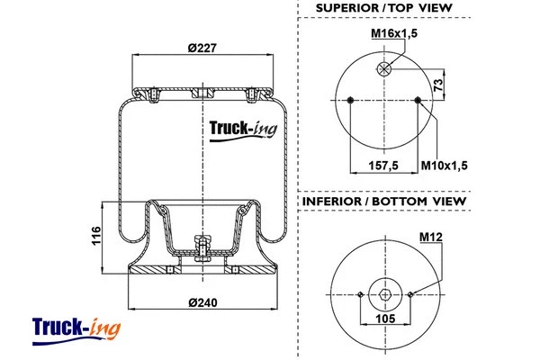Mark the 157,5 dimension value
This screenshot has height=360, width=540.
pyautogui.click(x=384, y=164)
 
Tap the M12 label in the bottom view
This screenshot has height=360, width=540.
pyautogui.click(x=431, y=237)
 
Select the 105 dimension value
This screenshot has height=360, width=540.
pyautogui.click(x=385, y=317)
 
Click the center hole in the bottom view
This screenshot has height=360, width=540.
pyautogui.click(x=385, y=293)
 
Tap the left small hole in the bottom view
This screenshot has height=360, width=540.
pyautogui.click(x=361, y=293)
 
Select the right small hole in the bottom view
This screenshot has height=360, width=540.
pyautogui.click(x=409, y=293)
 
